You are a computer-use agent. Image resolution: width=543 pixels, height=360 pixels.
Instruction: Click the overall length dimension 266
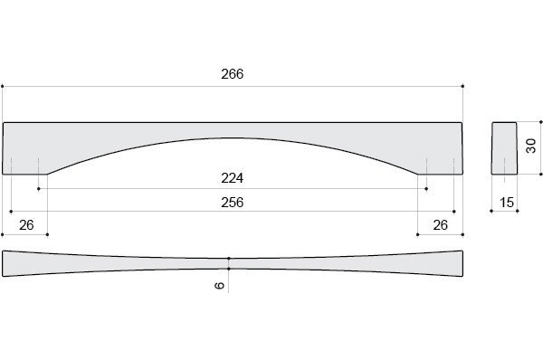[232, 74]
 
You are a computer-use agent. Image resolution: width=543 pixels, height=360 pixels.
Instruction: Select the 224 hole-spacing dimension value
[232, 178]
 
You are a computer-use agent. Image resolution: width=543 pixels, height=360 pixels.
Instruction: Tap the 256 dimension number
[232, 202]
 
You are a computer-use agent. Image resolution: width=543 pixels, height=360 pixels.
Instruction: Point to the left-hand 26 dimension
[26, 225]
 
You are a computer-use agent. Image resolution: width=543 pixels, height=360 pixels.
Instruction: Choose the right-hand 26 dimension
[440, 225]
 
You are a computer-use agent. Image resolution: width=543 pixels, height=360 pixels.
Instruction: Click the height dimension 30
[530, 146]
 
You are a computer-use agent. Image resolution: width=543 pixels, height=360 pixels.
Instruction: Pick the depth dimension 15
[507, 203]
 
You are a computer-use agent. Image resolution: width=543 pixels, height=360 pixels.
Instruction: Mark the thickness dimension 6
[220, 286]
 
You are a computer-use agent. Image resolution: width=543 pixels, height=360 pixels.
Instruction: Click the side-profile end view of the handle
[504, 148]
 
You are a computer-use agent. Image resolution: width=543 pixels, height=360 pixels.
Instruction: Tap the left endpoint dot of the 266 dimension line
[3, 86]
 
